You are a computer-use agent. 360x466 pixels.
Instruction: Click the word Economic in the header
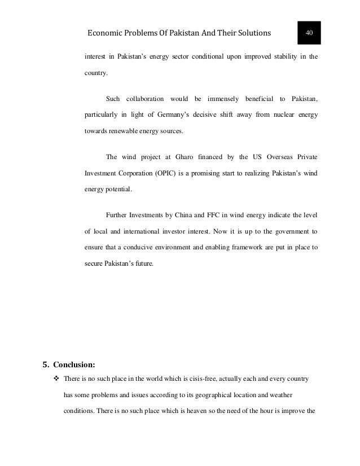pyautogui.click(x=106, y=33)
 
